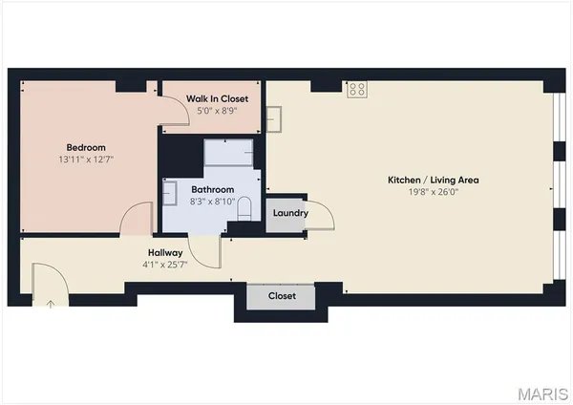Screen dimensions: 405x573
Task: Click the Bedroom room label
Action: [85, 147]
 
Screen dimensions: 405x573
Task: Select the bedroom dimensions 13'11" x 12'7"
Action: [85, 160]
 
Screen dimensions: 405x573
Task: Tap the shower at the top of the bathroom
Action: [229, 153]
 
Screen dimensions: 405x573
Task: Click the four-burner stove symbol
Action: [358, 89]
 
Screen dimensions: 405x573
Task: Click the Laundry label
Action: [289, 213]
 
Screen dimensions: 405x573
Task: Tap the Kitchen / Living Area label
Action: [433, 180]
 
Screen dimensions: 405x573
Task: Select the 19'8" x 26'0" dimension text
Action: [433, 192]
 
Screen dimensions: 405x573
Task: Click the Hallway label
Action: [162, 253]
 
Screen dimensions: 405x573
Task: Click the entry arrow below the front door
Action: [50, 304]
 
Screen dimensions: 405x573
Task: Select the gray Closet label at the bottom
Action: [281, 296]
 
